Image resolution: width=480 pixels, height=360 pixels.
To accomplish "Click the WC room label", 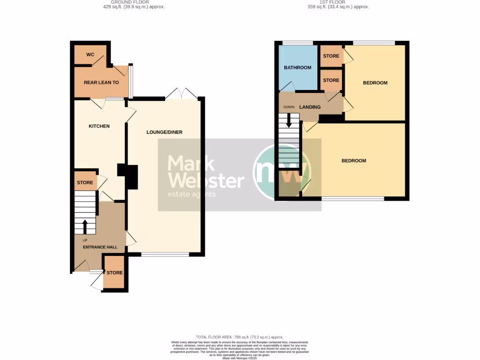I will [90, 55].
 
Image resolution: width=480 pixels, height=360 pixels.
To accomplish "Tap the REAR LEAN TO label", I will [101, 82].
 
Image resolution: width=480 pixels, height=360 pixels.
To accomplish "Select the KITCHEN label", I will [99, 126].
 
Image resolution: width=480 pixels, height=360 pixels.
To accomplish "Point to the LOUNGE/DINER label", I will [164, 132].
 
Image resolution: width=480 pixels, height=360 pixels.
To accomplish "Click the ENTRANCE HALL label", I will [100, 247].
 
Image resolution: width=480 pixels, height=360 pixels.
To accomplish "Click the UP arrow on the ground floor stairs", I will [85, 227].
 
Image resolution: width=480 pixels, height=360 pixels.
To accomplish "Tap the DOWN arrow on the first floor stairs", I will [288, 120].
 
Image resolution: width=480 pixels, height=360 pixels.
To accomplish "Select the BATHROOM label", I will [298, 67].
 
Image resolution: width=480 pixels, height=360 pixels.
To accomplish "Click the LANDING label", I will [310, 107].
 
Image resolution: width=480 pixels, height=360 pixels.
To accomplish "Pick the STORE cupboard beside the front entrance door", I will [114, 273].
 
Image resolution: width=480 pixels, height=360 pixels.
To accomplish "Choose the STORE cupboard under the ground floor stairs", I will [85, 182].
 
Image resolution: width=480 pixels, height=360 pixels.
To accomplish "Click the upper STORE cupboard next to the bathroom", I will [331, 56].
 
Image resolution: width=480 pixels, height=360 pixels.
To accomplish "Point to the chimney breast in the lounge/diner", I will [130, 177].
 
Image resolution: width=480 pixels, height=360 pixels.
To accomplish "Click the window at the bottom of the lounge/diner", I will [165, 255].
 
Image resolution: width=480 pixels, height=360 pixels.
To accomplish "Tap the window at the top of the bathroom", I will [298, 43].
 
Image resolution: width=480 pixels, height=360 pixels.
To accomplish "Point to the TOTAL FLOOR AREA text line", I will [240, 337].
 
